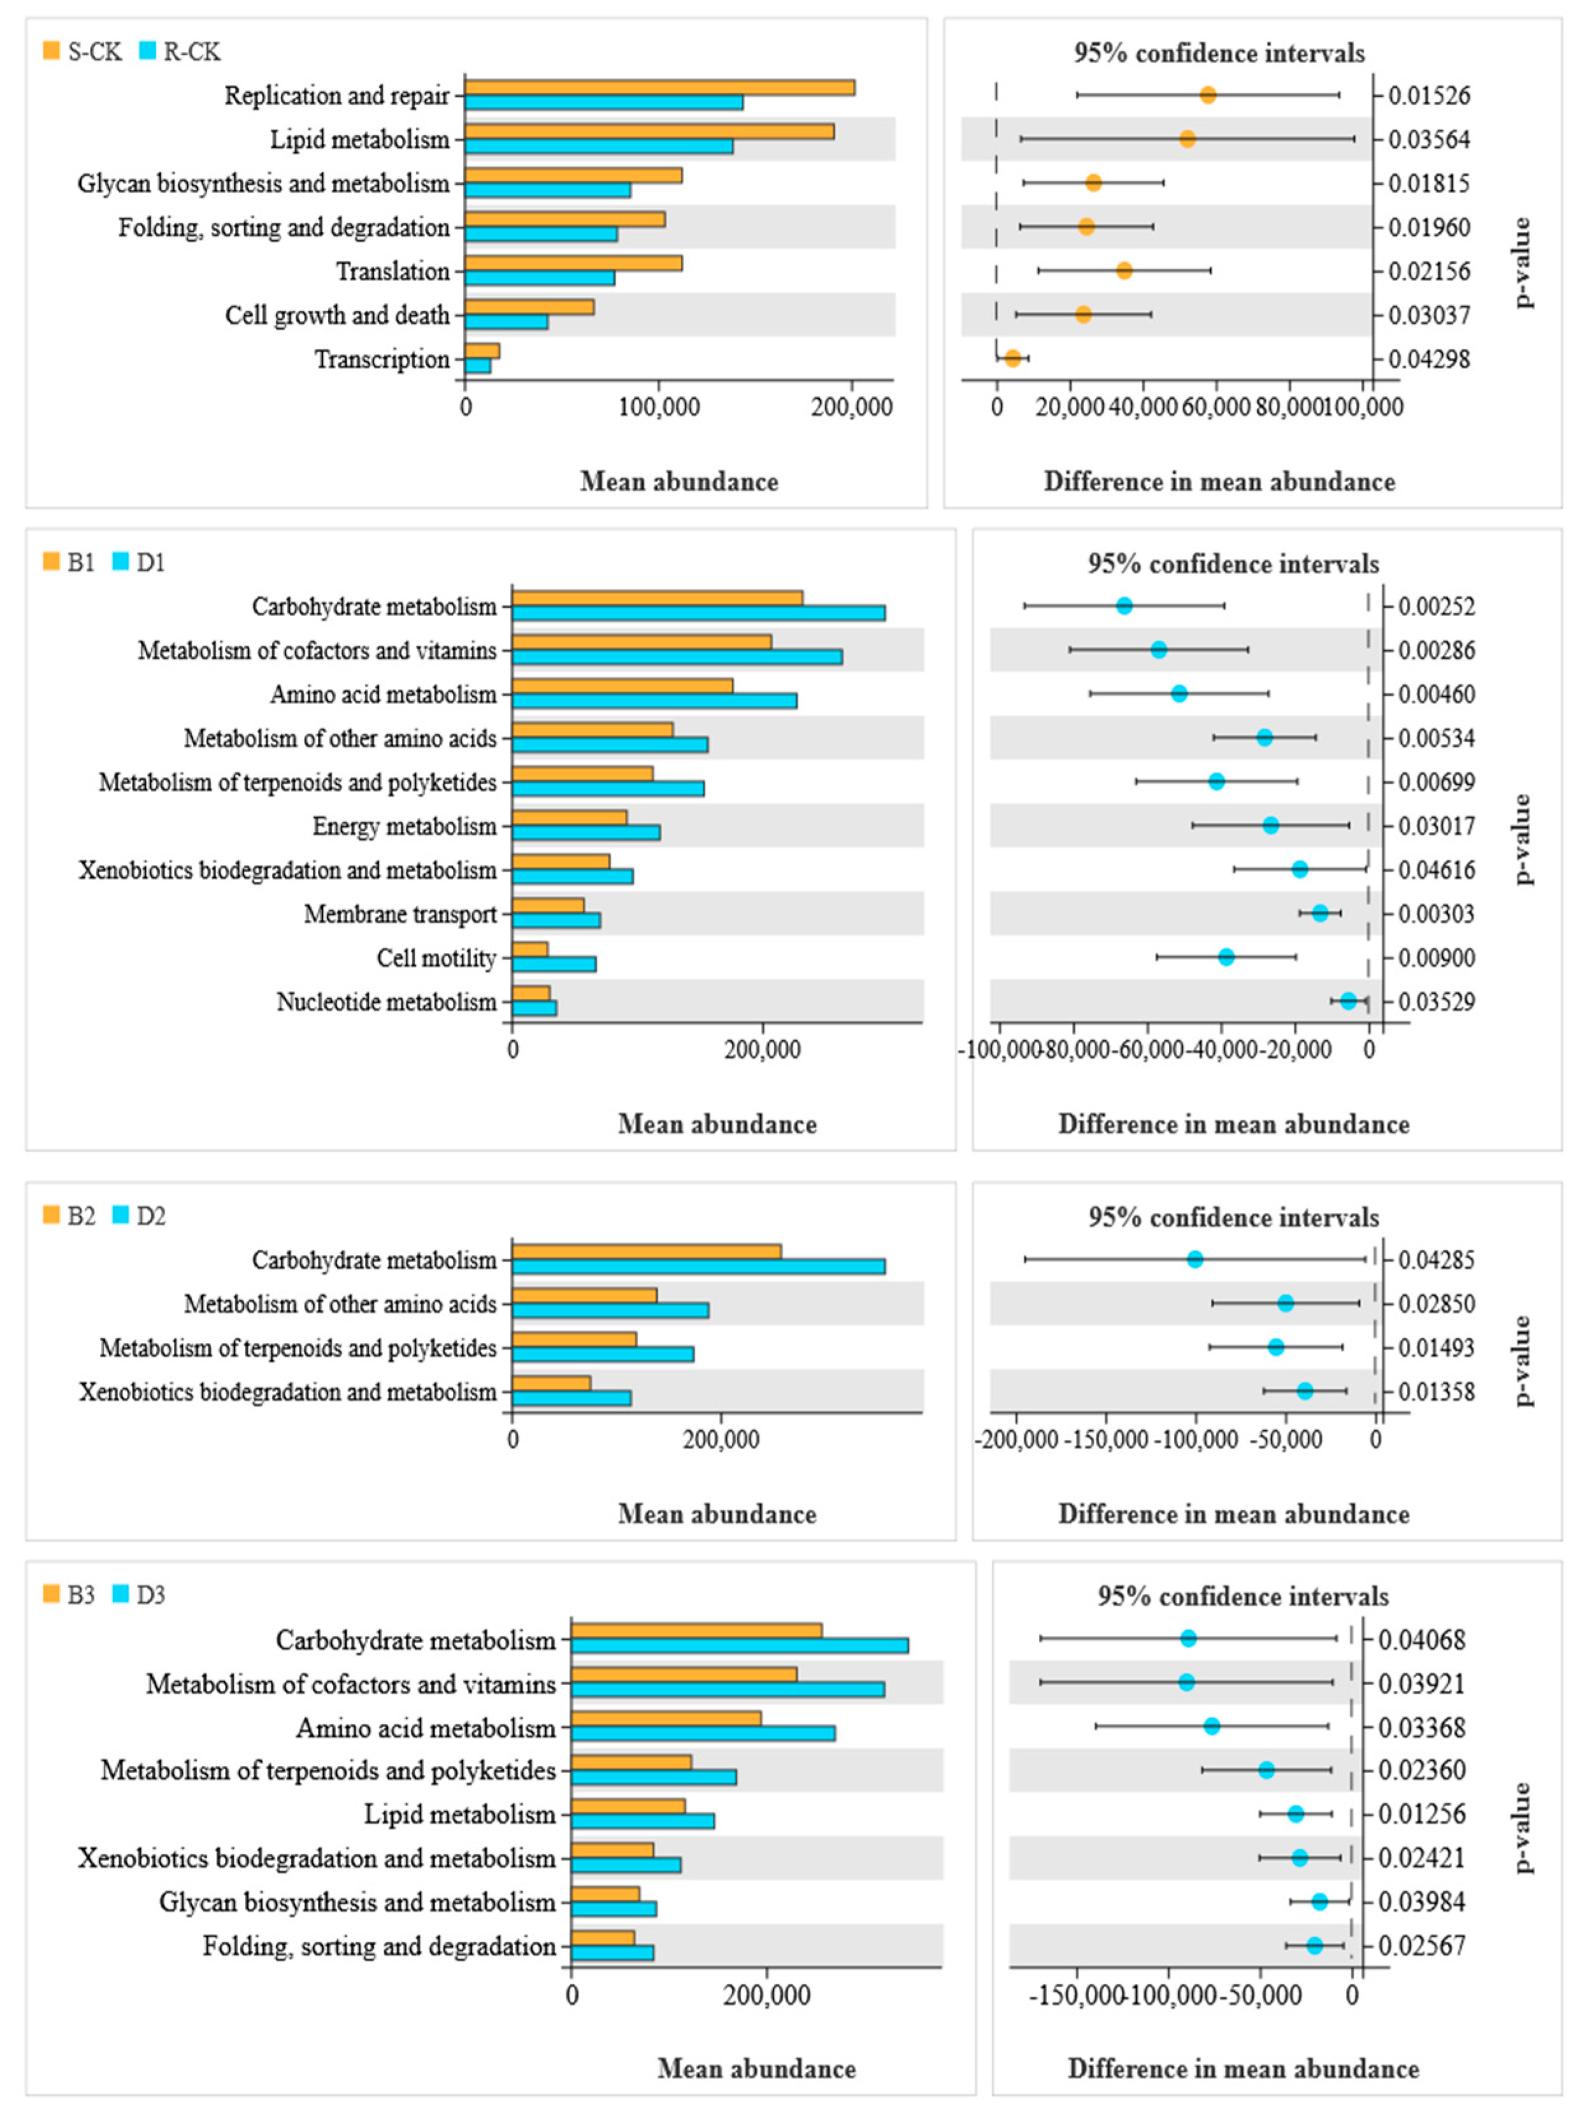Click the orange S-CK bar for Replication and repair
659,88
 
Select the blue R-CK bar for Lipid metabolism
599,147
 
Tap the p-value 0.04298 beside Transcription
1429,359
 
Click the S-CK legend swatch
52,51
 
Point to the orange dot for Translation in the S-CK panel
1124,271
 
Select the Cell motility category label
437,957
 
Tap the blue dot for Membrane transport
1320,913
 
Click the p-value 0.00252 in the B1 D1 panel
1436,606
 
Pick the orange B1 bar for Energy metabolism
569,818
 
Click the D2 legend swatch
120,1215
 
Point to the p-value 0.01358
1436,1391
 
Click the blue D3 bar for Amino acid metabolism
703,1733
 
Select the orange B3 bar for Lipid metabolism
628,1806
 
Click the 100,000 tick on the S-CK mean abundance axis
659,406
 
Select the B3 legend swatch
52,1593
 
